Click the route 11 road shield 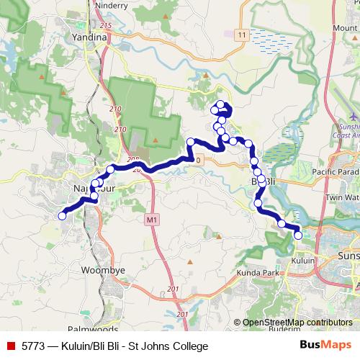[240, 34]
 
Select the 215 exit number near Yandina [107, 26]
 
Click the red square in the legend [11, 346]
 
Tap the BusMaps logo [325, 346]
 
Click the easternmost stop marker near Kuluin [298, 235]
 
